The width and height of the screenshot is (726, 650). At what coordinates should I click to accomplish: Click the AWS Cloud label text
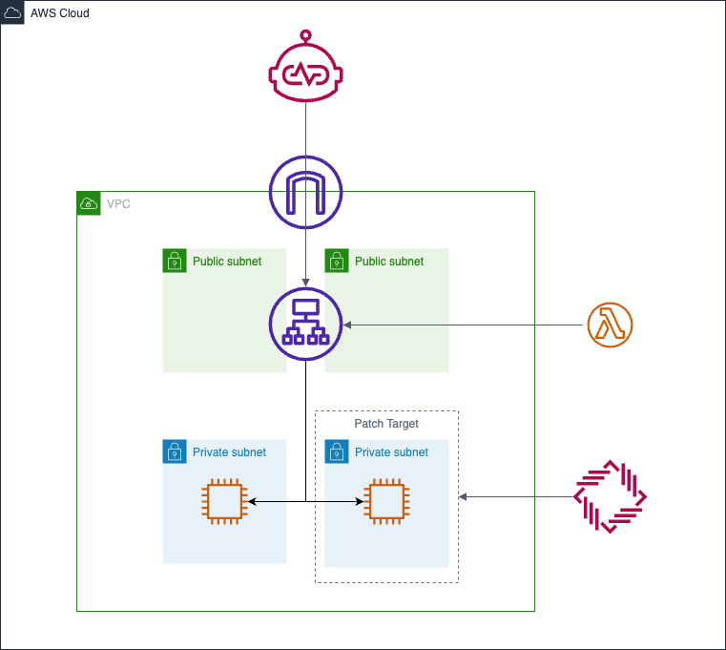click(x=60, y=13)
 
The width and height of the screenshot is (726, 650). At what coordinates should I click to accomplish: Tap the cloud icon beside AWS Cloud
click(x=13, y=13)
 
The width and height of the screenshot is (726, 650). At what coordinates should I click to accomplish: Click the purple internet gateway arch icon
click(x=305, y=194)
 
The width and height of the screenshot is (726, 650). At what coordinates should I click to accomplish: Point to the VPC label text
click(x=118, y=204)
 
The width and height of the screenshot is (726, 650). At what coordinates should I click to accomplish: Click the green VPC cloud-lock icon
click(x=89, y=203)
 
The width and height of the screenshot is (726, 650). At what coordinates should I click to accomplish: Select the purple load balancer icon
click(x=305, y=325)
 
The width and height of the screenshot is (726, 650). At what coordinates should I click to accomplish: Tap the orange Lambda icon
click(x=611, y=325)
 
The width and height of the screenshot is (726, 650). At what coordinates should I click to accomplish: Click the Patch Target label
click(x=386, y=424)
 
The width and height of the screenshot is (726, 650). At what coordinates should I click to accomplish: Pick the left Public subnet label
click(x=227, y=262)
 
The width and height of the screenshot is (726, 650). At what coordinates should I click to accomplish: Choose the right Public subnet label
click(x=389, y=262)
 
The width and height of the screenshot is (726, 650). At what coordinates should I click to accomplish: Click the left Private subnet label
click(x=229, y=452)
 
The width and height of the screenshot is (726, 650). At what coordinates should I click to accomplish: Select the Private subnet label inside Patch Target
click(x=391, y=452)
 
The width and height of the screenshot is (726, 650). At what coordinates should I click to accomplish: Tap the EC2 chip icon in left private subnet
click(x=224, y=501)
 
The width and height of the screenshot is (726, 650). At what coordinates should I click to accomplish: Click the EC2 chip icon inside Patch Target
click(x=386, y=501)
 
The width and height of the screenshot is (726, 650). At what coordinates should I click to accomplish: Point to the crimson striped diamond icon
click(x=611, y=496)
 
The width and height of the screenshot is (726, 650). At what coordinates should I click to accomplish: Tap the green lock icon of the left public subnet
click(x=175, y=261)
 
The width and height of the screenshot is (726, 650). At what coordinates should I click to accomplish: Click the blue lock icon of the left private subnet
click(x=175, y=451)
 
